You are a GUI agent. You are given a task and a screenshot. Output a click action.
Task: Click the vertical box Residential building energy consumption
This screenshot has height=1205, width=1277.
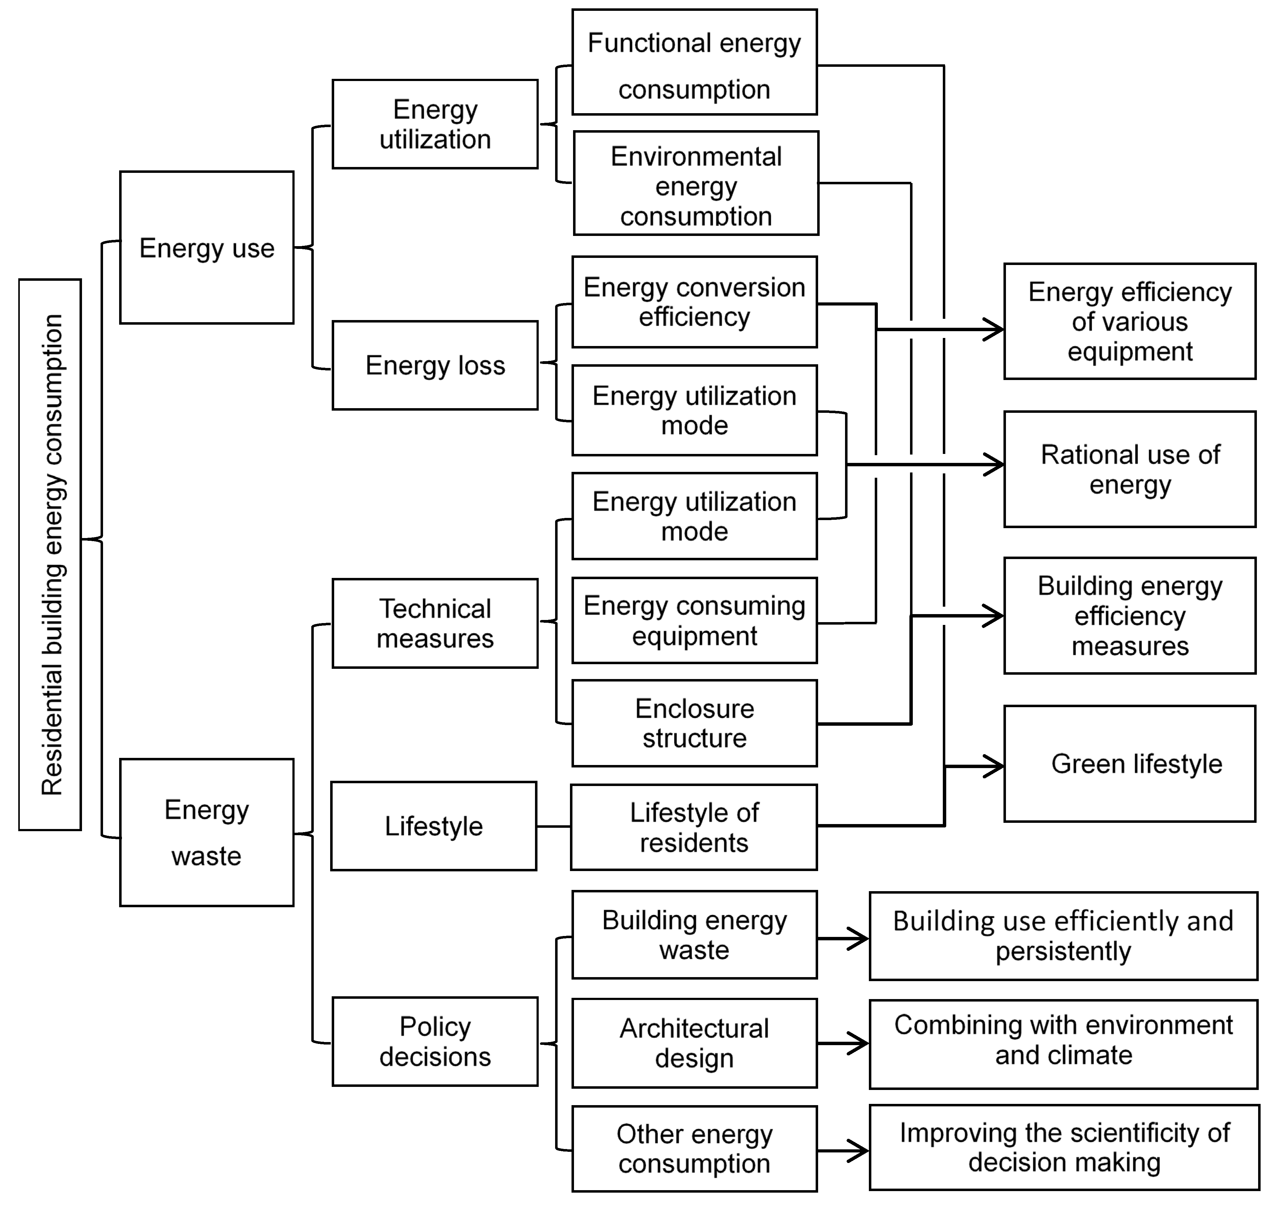50,554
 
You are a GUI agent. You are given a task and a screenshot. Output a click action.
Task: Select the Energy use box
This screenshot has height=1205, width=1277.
206,247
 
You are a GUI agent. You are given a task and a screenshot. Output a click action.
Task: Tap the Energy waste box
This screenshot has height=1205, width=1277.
206,832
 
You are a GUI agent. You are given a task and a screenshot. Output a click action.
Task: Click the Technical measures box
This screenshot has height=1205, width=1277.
435,623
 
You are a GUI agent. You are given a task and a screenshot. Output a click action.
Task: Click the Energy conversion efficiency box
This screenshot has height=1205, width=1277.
694,302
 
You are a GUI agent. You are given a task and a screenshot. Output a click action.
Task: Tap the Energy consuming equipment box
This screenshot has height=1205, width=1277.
694,621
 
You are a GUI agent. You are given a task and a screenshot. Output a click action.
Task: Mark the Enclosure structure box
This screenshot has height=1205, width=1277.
694,723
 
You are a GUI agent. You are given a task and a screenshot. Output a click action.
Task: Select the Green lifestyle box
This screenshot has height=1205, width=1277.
1129,764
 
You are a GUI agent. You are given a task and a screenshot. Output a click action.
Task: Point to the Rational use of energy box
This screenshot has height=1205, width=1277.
1129,470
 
